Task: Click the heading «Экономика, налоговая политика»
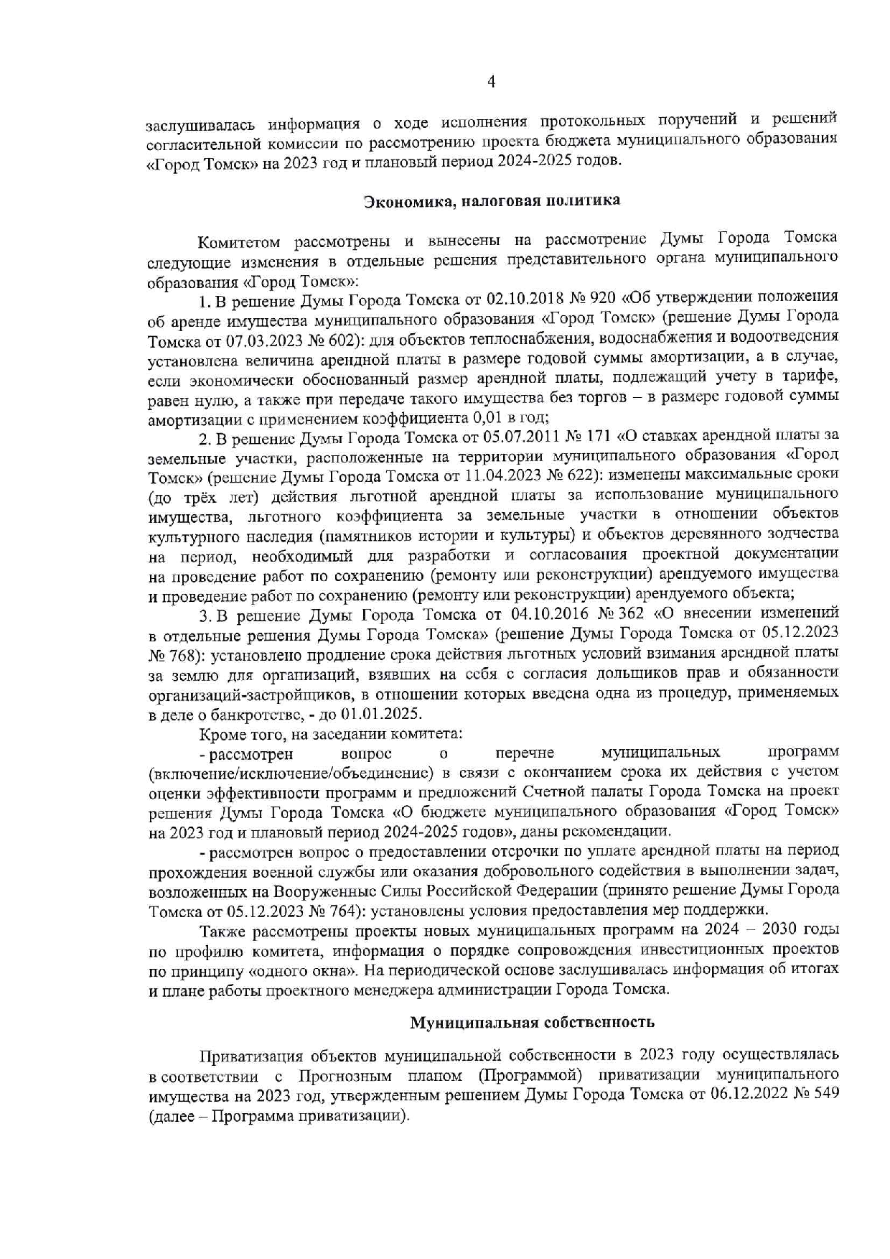492,200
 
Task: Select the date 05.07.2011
520,436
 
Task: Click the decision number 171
597,436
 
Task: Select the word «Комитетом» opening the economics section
240,240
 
